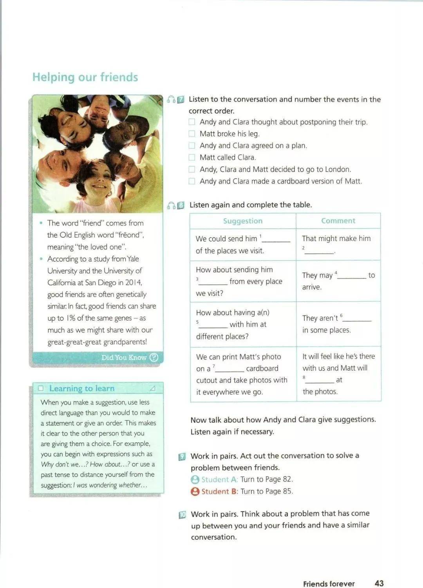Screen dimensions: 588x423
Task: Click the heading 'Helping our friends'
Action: (85, 77)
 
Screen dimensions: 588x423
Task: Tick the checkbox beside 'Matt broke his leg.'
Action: (192, 134)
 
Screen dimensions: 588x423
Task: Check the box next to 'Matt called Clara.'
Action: (192, 157)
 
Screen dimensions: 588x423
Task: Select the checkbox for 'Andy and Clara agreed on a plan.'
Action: (192, 145)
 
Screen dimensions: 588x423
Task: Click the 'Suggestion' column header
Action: (243, 221)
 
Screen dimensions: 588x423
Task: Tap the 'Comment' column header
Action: (338, 221)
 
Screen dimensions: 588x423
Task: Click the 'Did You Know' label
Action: (124, 357)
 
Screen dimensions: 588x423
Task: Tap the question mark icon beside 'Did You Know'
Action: (154, 357)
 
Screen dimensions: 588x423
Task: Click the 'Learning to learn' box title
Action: (82, 388)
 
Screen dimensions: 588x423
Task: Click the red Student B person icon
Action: (195, 491)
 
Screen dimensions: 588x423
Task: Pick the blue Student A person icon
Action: (195, 479)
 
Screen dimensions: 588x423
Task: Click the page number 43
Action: (379, 583)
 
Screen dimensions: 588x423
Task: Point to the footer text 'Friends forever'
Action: (329, 584)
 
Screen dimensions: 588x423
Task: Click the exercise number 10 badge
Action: (182, 515)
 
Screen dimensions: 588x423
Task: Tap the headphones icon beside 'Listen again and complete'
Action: (171, 205)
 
